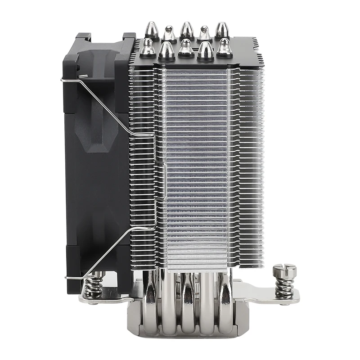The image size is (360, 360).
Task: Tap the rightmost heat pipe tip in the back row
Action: [x=222, y=31]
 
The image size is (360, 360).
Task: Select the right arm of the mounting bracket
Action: [x=270, y=297]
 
